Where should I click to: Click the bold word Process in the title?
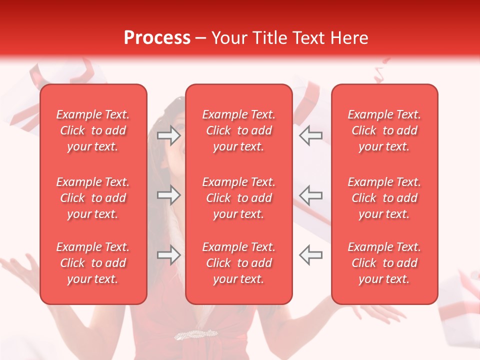[157, 38]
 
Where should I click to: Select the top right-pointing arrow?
[169, 135]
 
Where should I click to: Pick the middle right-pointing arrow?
[169, 195]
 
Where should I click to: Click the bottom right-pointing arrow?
[169, 255]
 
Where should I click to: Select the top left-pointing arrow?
[310, 135]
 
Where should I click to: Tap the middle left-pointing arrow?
[310, 195]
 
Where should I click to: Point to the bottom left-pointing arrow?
[310, 255]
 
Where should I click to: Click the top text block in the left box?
[93, 130]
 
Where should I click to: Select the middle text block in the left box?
[93, 198]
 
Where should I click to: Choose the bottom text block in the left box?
[93, 263]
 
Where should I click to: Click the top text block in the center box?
[239, 130]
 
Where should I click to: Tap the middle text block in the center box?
[239, 198]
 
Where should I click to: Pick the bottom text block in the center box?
[239, 263]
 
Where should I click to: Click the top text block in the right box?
[384, 130]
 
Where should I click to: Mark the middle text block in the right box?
[384, 198]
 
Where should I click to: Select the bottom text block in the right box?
[384, 263]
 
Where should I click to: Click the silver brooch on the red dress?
[195, 334]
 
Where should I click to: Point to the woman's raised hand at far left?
[20, 272]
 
